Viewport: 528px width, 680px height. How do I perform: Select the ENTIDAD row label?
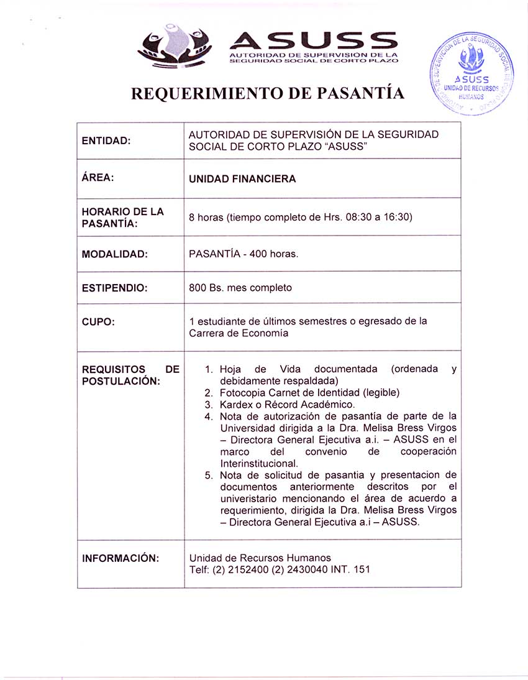pos(106,140)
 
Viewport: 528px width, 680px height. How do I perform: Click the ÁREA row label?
pos(98,178)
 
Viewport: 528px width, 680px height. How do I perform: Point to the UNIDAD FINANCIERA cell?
pos(242,179)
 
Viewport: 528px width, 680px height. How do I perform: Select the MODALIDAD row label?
pos(115,254)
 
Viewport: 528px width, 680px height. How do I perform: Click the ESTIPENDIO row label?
pos(115,288)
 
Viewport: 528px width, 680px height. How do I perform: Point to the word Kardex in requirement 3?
pos(234,405)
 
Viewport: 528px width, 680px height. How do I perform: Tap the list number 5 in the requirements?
pos(209,476)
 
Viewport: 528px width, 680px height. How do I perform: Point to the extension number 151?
pos(361,569)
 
